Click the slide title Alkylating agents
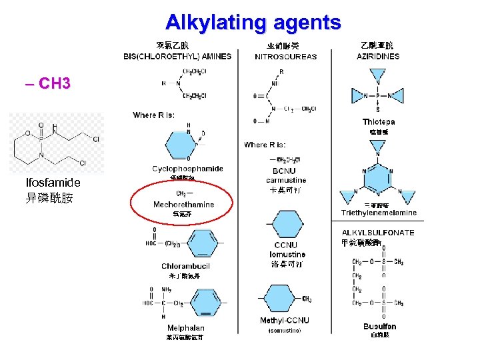point(253,23)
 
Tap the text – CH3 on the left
point(47,84)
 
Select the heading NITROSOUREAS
point(286,57)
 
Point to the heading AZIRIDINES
point(378,57)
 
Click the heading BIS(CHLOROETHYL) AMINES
point(177,57)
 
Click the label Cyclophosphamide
point(187,169)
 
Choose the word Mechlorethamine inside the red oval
point(183,205)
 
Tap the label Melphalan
point(185,328)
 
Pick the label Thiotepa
point(379,122)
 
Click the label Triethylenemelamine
point(379,213)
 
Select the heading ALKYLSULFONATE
point(378,233)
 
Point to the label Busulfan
point(380,327)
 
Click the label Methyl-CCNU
point(285,321)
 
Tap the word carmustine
point(286,180)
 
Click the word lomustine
point(287,255)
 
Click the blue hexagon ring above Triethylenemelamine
point(378,177)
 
